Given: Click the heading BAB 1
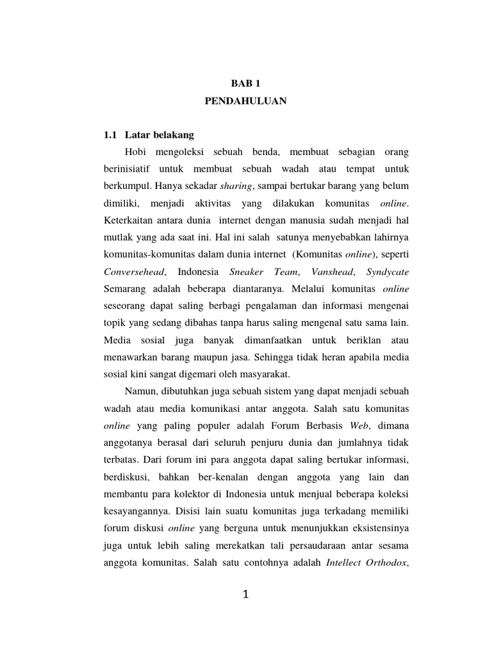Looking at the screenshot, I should (x=246, y=83).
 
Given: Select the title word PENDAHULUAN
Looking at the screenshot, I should (x=246, y=102).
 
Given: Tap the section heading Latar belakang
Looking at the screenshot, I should (x=160, y=136).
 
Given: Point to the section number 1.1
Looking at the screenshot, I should (x=111, y=136).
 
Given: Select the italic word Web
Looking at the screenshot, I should (x=359, y=425).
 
